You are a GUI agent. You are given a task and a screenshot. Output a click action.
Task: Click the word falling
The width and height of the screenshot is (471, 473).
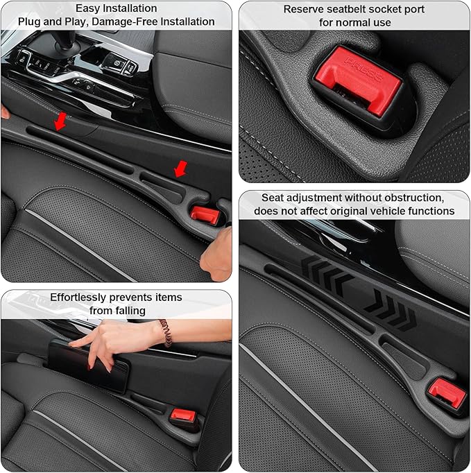tap(128, 310)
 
